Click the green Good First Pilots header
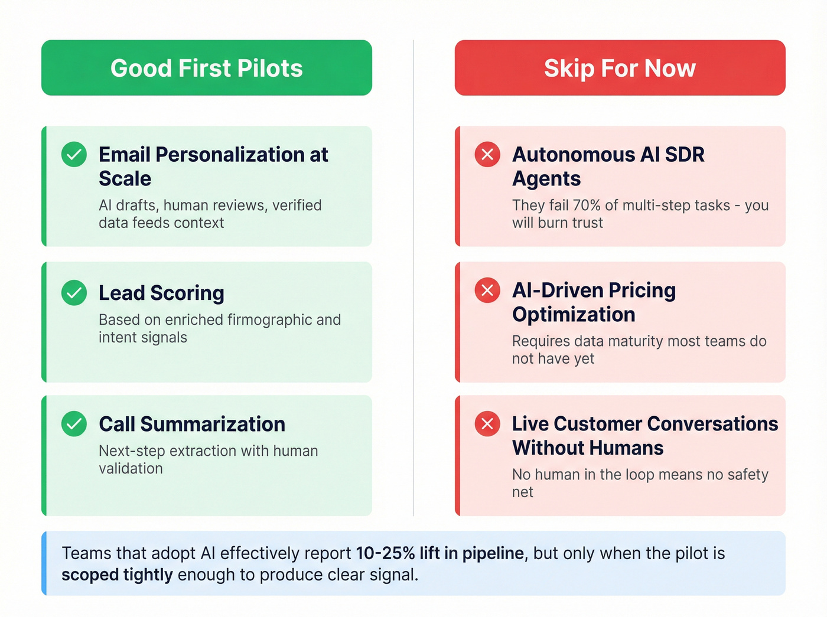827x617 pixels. [x=206, y=68]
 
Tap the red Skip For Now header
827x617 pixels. [x=620, y=68]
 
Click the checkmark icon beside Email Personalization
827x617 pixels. [x=74, y=155]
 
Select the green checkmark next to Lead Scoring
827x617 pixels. [x=74, y=293]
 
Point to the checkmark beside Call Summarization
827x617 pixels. [x=74, y=424]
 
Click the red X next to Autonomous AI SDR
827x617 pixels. [x=487, y=155]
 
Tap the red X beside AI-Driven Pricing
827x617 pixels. [x=487, y=290]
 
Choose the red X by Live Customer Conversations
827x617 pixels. [x=487, y=424]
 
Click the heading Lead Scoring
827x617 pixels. [x=161, y=293]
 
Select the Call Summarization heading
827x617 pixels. [x=191, y=424]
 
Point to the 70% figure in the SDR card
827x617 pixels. [x=587, y=205]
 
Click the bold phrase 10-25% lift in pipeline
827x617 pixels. [x=439, y=553]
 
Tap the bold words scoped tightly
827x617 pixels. [x=117, y=574]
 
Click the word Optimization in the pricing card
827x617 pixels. [x=573, y=315]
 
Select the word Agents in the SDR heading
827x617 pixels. [x=546, y=179]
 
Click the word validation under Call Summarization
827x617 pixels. [x=131, y=469]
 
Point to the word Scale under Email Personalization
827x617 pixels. [x=125, y=179]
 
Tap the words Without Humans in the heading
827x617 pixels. [x=587, y=448]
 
